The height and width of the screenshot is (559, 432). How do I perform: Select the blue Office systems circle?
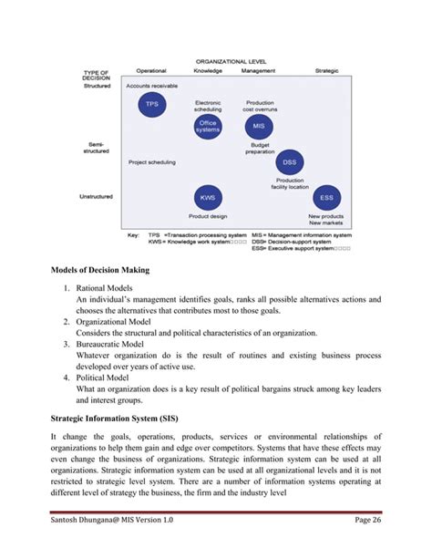(x=208, y=126)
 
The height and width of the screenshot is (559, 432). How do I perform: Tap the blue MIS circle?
(x=258, y=127)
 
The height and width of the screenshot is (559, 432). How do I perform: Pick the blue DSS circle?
(x=289, y=162)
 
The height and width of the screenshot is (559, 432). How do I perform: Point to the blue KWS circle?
(x=208, y=198)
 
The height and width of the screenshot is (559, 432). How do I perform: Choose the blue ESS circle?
(x=325, y=198)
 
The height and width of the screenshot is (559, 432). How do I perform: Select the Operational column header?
(x=151, y=70)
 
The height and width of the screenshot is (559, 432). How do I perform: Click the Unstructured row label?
(x=98, y=194)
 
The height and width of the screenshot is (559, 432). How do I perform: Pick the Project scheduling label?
(x=151, y=162)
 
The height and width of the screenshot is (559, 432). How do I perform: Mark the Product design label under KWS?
(x=208, y=217)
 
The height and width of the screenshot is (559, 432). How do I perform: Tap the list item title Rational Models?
(x=113, y=286)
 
